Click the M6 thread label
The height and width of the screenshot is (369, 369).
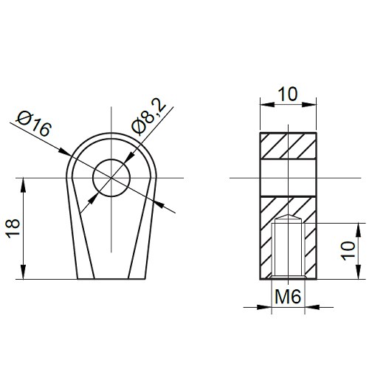[x=288, y=297]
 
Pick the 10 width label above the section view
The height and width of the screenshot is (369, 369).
[x=288, y=94]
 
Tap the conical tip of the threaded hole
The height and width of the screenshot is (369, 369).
[x=288, y=219]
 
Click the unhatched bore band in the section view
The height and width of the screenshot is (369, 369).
[x=288, y=178]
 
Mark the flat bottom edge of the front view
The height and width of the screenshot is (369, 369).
[x=111, y=279]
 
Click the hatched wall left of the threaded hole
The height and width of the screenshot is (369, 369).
[x=267, y=247]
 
